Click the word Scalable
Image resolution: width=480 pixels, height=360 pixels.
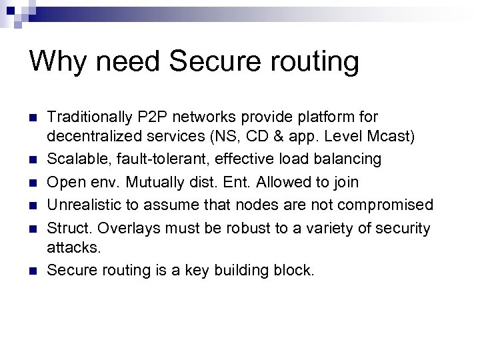(75, 159)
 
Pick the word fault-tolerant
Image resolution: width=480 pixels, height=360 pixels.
(157, 159)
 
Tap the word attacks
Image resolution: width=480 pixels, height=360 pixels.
(73, 247)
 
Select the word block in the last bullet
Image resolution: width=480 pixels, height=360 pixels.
(291, 270)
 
